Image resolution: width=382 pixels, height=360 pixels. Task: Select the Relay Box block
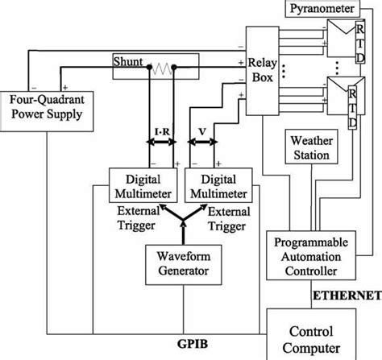tap(266, 68)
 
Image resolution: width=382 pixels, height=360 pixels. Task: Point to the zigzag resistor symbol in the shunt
tap(164, 68)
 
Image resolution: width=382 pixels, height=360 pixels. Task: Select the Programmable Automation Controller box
tap(315, 254)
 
